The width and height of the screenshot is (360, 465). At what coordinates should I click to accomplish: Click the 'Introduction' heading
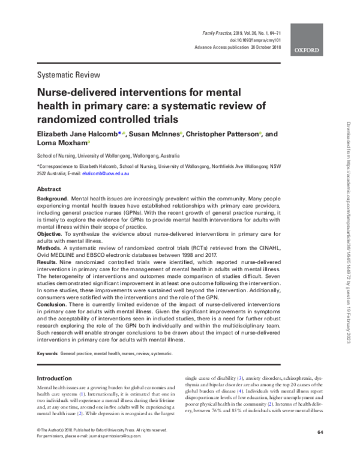click(x=59, y=379)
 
